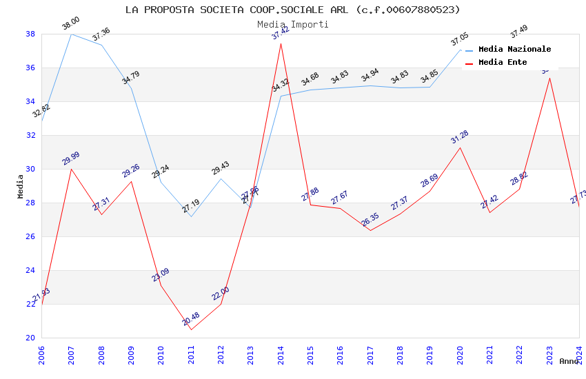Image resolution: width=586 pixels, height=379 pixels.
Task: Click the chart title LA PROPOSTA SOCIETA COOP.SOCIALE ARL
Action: [x=292, y=10]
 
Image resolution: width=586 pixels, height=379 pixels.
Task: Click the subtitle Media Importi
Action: [x=292, y=24]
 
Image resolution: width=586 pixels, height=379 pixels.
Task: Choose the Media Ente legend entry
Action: [x=503, y=62]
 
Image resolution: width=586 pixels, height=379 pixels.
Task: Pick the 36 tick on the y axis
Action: [x=30, y=68]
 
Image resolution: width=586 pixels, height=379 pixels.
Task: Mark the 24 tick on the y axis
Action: [x=30, y=270]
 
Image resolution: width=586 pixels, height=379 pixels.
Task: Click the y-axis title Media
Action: [x=20, y=186]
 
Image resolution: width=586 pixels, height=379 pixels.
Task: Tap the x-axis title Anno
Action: [x=569, y=361]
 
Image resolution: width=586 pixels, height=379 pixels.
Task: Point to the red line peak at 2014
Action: [x=281, y=43]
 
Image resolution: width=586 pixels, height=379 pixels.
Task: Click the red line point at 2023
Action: [x=549, y=78]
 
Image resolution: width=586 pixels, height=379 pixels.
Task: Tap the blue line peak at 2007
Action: [x=71, y=34]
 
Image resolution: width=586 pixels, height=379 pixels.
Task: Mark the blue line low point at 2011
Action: [x=191, y=216]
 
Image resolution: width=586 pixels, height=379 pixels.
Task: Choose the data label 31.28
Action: [x=460, y=137]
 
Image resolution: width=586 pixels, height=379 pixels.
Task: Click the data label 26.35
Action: [x=370, y=220]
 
